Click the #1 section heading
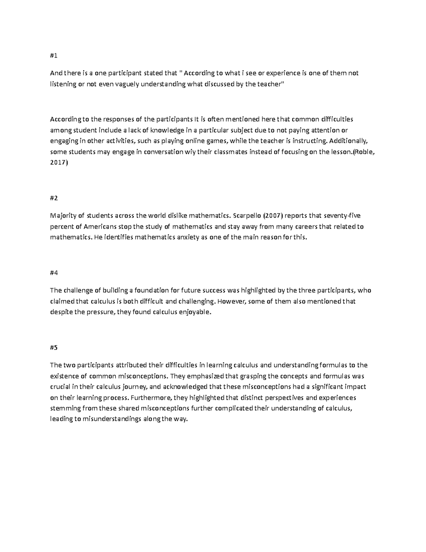click(53, 56)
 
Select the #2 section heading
click(54, 198)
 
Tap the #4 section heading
click(54, 273)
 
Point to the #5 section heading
click(54, 348)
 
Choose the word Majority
click(62, 215)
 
